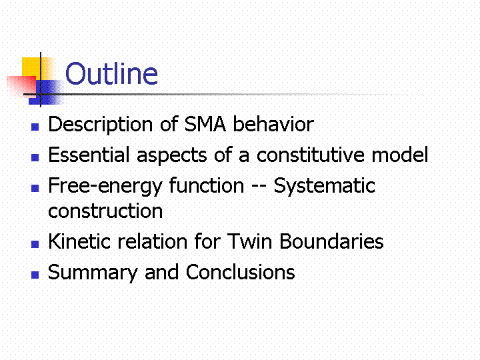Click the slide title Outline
pyautogui.click(x=112, y=73)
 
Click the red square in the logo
pyautogui.click(x=21, y=87)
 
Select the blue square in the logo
pyautogui.click(x=47, y=92)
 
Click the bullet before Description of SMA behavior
pyautogui.click(x=35, y=127)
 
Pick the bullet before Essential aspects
pyautogui.click(x=35, y=157)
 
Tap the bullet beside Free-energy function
pyautogui.click(x=35, y=188)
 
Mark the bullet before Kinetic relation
pyautogui.click(x=35, y=244)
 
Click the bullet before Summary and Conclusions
pyautogui.click(x=35, y=275)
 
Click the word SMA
pyautogui.click(x=205, y=124)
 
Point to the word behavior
pyautogui.click(x=273, y=124)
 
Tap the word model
pyautogui.click(x=400, y=155)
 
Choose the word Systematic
pyautogui.click(x=325, y=186)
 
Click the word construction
pyautogui.click(x=105, y=211)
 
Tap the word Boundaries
pyautogui.click(x=331, y=241)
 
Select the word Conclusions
pyautogui.click(x=240, y=272)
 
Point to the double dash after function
pyautogui.click(x=259, y=187)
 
